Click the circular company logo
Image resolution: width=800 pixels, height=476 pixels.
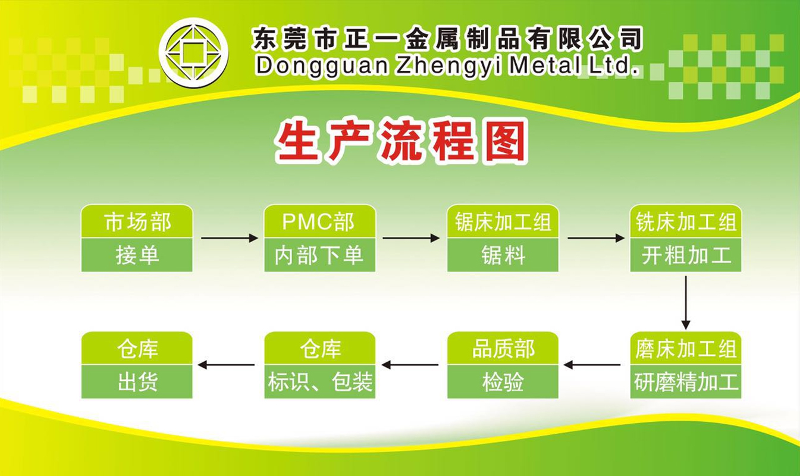tap(193, 52)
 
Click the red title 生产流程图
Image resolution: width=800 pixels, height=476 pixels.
tap(401, 141)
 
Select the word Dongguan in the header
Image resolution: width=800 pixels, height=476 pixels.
tap(322, 66)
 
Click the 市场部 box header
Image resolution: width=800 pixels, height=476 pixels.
tap(137, 222)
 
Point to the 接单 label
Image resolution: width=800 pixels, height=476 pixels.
tap(137, 255)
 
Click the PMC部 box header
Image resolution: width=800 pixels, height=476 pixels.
tap(319, 222)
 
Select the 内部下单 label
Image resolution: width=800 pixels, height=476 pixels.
tap(319, 255)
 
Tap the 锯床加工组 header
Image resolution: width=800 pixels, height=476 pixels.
tap(503, 222)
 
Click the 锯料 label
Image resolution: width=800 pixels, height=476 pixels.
tap(503, 255)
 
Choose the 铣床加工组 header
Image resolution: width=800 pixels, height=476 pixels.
tap(686, 222)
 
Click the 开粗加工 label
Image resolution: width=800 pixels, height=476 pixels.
tap(686, 255)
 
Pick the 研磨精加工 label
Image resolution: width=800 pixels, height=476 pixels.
tap(686, 382)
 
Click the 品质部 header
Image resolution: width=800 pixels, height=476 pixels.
tap(503, 349)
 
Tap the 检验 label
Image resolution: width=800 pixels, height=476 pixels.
tap(503, 382)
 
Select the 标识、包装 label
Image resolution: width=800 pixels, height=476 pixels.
tap(320, 382)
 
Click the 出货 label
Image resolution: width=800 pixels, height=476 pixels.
tap(137, 382)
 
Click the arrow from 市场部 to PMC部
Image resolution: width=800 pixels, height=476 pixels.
tap(230, 238)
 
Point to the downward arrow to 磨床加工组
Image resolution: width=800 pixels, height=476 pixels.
tap(686, 303)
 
